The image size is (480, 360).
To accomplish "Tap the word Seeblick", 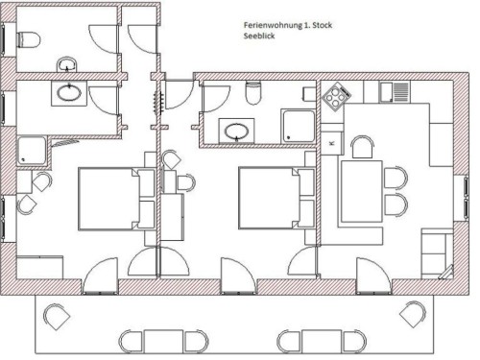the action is [259, 36].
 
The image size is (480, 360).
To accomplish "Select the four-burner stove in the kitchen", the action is [337, 96].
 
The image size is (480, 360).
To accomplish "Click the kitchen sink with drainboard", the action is [395, 92].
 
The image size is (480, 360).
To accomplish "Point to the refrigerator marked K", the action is [332, 143].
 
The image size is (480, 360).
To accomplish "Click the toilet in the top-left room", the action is [28, 39].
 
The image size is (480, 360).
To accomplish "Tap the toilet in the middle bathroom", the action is [253, 92].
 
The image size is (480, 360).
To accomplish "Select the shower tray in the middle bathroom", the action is [298, 127].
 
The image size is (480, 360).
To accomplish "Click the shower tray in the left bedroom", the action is [32, 151].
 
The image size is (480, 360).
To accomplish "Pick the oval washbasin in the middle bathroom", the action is [237, 132].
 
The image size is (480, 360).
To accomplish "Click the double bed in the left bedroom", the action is [116, 199].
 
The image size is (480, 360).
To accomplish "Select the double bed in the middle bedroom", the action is [276, 198].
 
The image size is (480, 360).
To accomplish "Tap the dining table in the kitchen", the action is [362, 191].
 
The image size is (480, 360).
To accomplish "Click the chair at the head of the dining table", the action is [362, 147].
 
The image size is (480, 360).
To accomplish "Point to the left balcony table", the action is [163, 342].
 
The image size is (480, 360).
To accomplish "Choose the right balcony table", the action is [322, 342].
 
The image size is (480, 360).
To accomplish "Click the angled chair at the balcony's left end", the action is [57, 317].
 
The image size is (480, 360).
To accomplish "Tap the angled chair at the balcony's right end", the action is [413, 314].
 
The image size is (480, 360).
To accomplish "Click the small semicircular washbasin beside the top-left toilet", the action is [67, 64].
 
